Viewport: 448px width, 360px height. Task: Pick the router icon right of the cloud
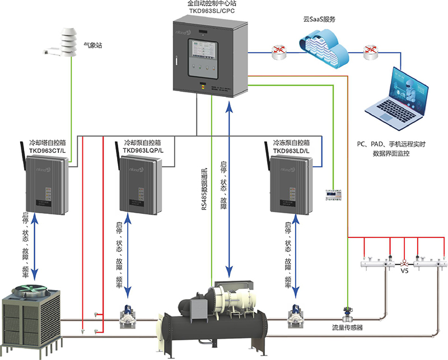pyautogui.click(x=370, y=52)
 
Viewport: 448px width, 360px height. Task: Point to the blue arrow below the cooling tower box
pyautogui.click(x=35, y=246)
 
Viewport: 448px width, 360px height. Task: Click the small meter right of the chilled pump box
pyautogui.click(x=333, y=194)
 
